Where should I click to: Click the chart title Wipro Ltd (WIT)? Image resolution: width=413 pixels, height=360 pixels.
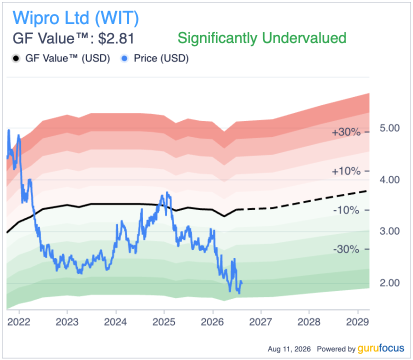[76, 18]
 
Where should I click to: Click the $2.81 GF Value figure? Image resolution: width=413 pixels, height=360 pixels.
[116, 38]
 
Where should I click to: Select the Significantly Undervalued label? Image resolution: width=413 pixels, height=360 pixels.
[262, 38]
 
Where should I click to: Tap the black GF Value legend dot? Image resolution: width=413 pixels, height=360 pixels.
[16, 58]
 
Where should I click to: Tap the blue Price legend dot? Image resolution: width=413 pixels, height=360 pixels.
[124, 58]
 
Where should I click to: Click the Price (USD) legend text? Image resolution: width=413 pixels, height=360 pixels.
[161, 58]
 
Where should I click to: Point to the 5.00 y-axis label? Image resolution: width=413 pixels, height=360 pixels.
[389, 128]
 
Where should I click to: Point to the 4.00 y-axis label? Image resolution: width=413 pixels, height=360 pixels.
[389, 180]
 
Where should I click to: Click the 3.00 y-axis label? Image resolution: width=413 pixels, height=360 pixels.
[389, 231]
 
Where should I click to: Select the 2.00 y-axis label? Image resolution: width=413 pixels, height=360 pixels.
[389, 283]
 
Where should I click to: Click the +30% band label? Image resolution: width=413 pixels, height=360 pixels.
[346, 132]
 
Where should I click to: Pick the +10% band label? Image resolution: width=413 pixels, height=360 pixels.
[346, 171]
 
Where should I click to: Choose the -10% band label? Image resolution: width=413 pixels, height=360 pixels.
[346, 210]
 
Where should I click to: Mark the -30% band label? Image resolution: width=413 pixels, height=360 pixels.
[346, 249]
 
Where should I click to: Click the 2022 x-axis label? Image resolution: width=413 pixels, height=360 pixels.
[18, 322]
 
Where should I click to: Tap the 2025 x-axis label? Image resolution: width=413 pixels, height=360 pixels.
[164, 322]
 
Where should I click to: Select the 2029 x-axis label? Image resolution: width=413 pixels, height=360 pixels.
[357, 322]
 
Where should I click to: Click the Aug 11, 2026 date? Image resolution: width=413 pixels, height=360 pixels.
[289, 349]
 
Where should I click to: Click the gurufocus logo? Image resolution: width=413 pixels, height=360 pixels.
[380, 348]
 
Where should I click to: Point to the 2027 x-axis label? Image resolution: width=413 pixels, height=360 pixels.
[260, 322]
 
